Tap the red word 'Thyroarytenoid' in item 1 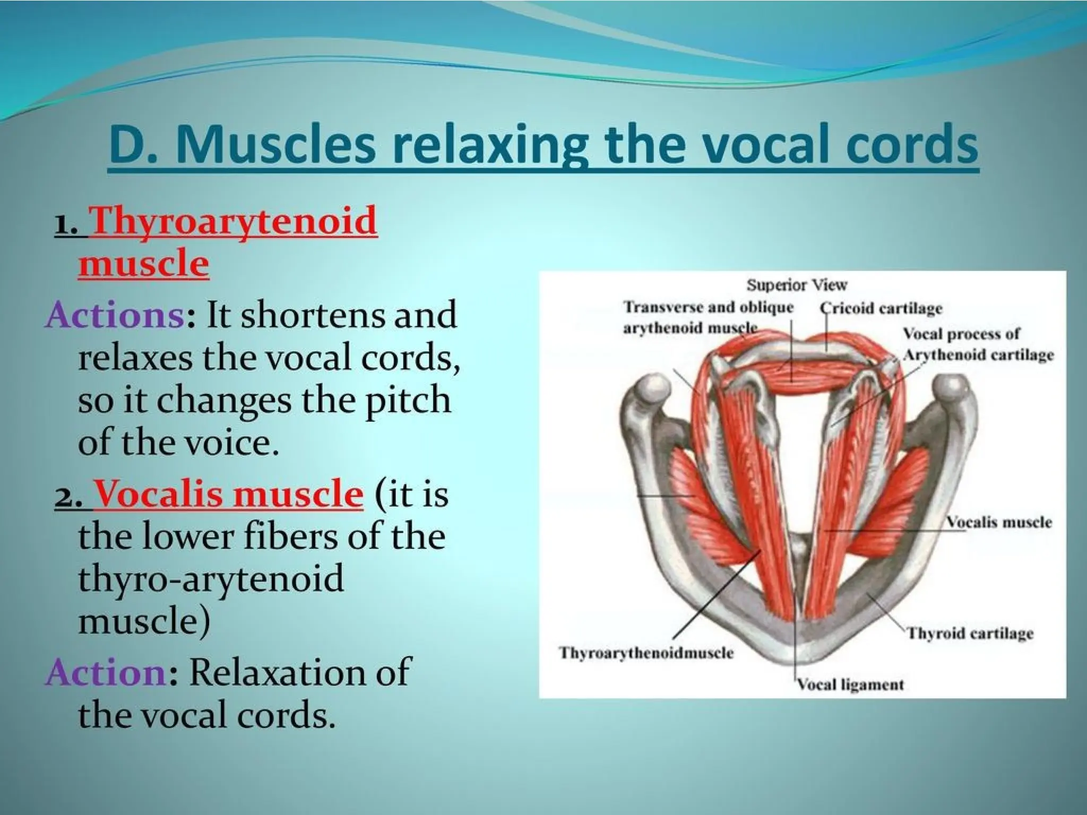[x=234, y=222]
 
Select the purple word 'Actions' [x=114, y=315]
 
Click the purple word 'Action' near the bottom [x=106, y=672]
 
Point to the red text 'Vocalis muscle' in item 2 [x=228, y=494]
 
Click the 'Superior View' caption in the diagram [x=797, y=285]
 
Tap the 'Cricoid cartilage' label [x=881, y=308]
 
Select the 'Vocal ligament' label [x=850, y=684]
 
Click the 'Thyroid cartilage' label [x=970, y=634]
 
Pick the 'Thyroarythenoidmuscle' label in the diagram [x=646, y=653]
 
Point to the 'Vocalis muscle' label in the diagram [x=998, y=522]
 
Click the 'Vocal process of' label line [x=961, y=334]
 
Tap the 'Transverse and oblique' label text [x=708, y=307]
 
